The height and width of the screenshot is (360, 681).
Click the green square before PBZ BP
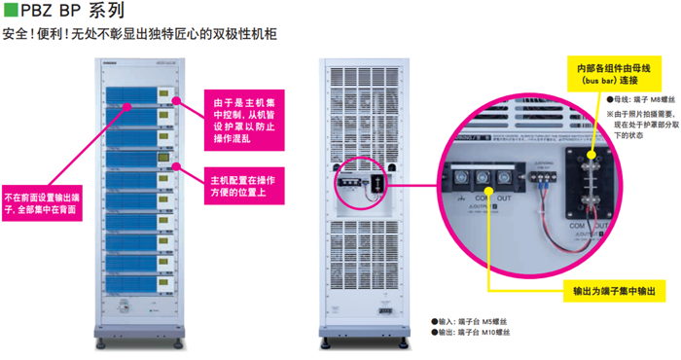point(10,13)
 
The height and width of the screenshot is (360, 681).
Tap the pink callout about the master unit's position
point(242,187)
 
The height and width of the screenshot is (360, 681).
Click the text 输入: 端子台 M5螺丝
point(477,321)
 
